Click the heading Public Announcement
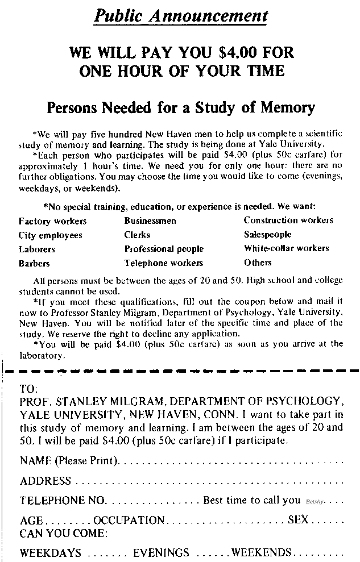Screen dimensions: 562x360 180,15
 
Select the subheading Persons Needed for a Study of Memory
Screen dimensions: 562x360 180,107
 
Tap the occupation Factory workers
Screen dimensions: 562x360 52,221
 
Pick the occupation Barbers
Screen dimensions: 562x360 34,264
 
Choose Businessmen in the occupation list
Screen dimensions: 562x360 150,221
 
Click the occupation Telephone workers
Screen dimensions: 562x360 163,263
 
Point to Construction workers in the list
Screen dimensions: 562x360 288,220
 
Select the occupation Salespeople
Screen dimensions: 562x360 267,234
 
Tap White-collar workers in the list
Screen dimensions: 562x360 286,248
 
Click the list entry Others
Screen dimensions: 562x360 258,263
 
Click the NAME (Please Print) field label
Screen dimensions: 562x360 69,461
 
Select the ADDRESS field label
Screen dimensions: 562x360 45,481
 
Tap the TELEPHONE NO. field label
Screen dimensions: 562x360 63,501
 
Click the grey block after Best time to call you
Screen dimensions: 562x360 314,502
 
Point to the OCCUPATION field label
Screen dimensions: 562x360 129,521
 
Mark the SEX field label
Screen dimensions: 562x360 297,520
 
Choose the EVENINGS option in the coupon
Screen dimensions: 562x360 161,553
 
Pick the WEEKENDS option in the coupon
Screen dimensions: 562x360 261,552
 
